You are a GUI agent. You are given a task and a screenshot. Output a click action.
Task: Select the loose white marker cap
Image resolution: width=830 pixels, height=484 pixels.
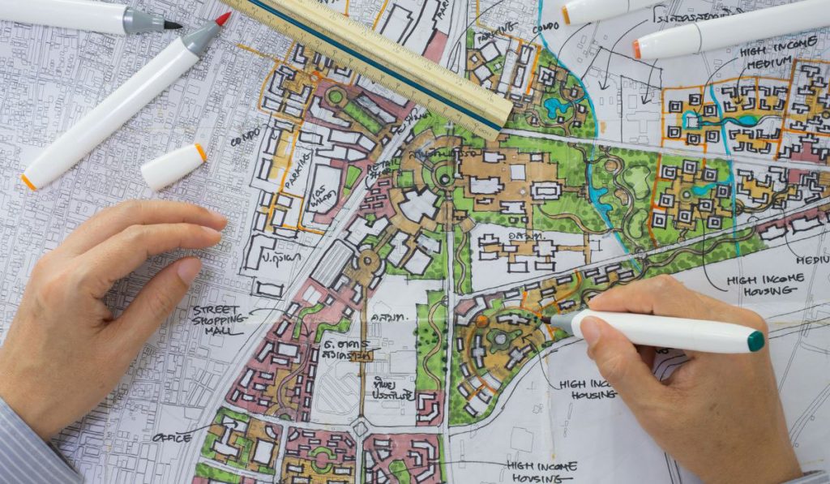[173, 166]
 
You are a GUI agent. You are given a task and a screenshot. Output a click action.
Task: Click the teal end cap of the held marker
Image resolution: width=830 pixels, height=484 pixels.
[755, 341]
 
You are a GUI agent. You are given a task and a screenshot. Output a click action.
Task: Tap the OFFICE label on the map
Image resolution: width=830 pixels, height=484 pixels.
[173, 438]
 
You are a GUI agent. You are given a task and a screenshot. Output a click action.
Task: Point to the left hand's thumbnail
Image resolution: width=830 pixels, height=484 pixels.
[189, 271]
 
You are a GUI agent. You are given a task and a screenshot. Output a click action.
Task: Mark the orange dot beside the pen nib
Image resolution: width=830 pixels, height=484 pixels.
[482, 322]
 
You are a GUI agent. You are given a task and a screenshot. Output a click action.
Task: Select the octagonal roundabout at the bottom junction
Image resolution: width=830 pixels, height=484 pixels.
[360, 428]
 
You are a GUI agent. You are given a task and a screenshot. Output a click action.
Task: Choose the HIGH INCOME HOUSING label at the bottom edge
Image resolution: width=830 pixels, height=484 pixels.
[542, 471]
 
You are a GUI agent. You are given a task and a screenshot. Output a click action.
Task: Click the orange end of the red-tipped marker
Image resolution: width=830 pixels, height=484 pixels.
[29, 182]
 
